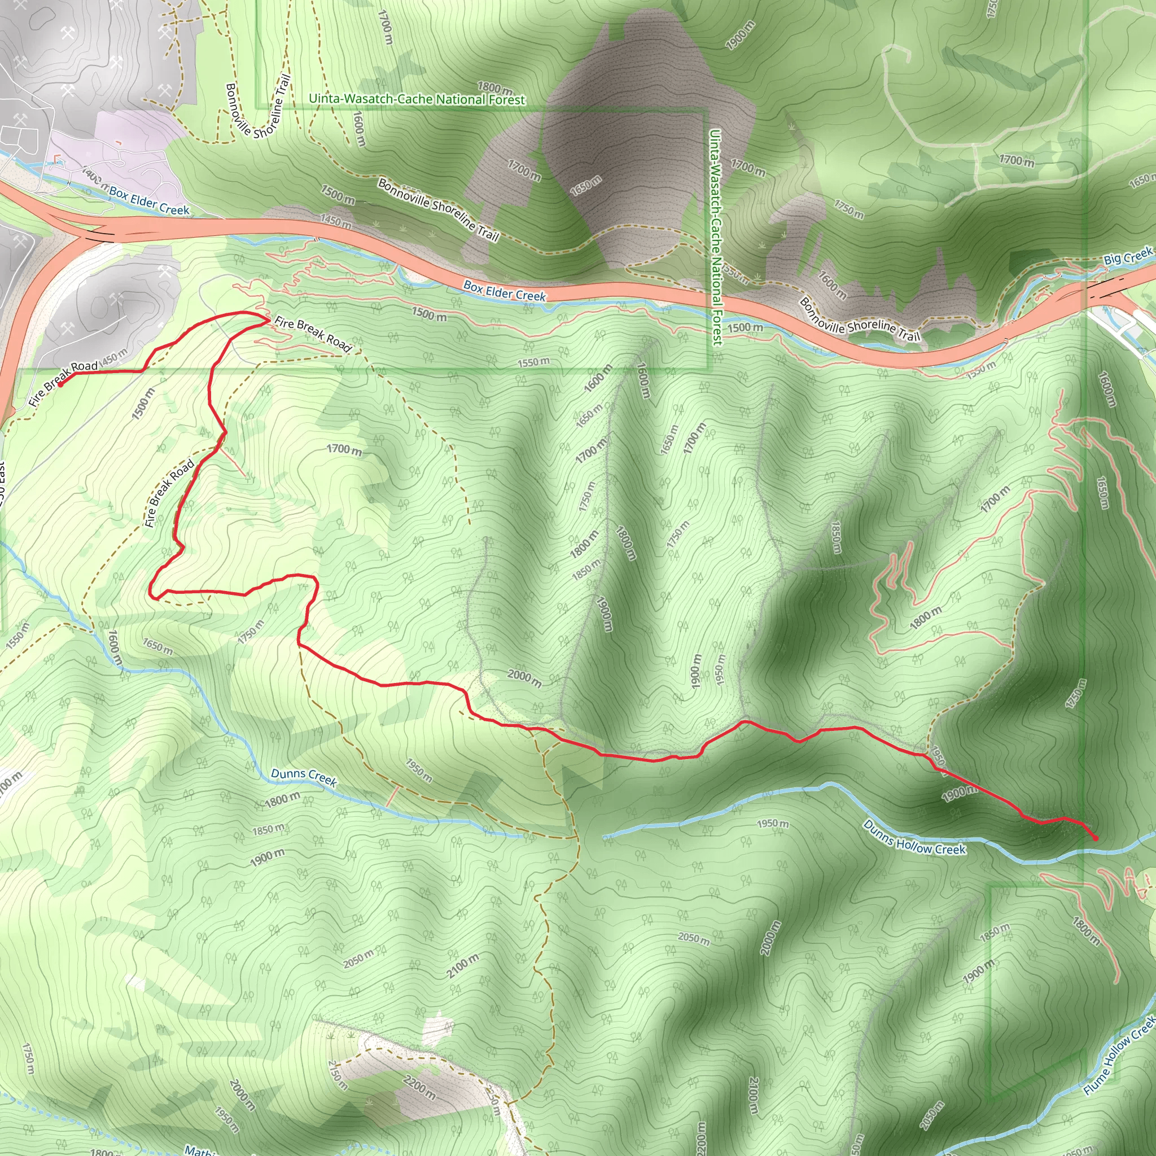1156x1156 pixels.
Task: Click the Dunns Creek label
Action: click(x=304, y=777)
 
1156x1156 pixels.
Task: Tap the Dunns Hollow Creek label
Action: click(x=914, y=837)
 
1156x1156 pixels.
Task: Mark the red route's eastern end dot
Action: click(x=1095, y=838)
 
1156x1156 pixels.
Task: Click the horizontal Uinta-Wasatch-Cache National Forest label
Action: click(x=417, y=99)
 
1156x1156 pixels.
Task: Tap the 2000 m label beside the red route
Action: click(x=525, y=678)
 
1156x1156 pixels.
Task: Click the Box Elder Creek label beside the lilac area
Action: click(x=149, y=201)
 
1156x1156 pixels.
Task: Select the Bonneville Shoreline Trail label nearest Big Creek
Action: click(x=860, y=321)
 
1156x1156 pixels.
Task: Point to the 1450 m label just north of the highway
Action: click(x=336, y=221)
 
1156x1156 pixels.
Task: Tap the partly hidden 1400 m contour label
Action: click(x=91, y=176)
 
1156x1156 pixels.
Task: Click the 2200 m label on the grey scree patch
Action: click(x=419, y=1087)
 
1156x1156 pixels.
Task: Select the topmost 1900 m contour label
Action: click(x=740, y=34)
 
